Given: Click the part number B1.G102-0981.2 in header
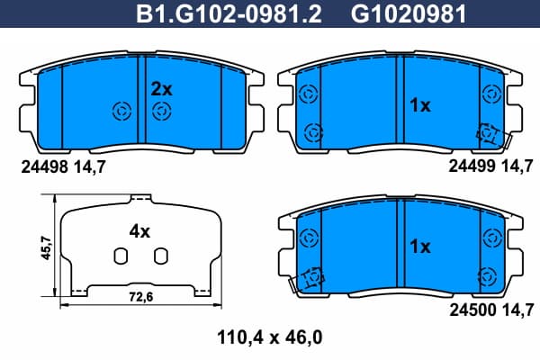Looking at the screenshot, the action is [229, 13].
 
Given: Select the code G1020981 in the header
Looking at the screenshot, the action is [409, 13].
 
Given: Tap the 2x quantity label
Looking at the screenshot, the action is [161, 89].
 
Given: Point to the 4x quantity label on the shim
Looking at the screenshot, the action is [139, 231].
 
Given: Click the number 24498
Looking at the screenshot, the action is [44, 167].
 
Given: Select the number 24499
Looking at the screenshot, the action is [472, 166].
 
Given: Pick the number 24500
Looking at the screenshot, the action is [472, 310].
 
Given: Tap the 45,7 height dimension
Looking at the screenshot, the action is [46, 247].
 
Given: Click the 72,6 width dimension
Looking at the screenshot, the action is [141, 297].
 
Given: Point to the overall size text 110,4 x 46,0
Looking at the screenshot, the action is [270, 337].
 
